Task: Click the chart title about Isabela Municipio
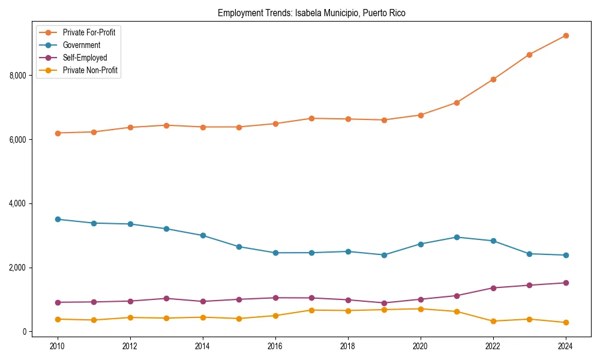[x=311, y=13]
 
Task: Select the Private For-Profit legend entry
[x=89, y=32]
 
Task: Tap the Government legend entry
[x=82, y=45]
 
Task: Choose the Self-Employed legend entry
[x=85, y=58]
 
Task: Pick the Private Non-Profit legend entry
[x=90, y=70]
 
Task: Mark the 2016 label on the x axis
[x=275, y=346]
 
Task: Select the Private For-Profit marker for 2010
[x=58, y=133]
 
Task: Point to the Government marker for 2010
[x=58, y=219]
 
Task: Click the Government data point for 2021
[x=457, y=237]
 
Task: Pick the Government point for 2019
[x=384, y=255]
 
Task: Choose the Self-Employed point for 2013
[x=166, y=298]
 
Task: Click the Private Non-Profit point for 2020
[x=421, y=309]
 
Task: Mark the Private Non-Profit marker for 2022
[x=493, y=321]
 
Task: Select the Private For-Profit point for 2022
[x=493, y=79]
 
